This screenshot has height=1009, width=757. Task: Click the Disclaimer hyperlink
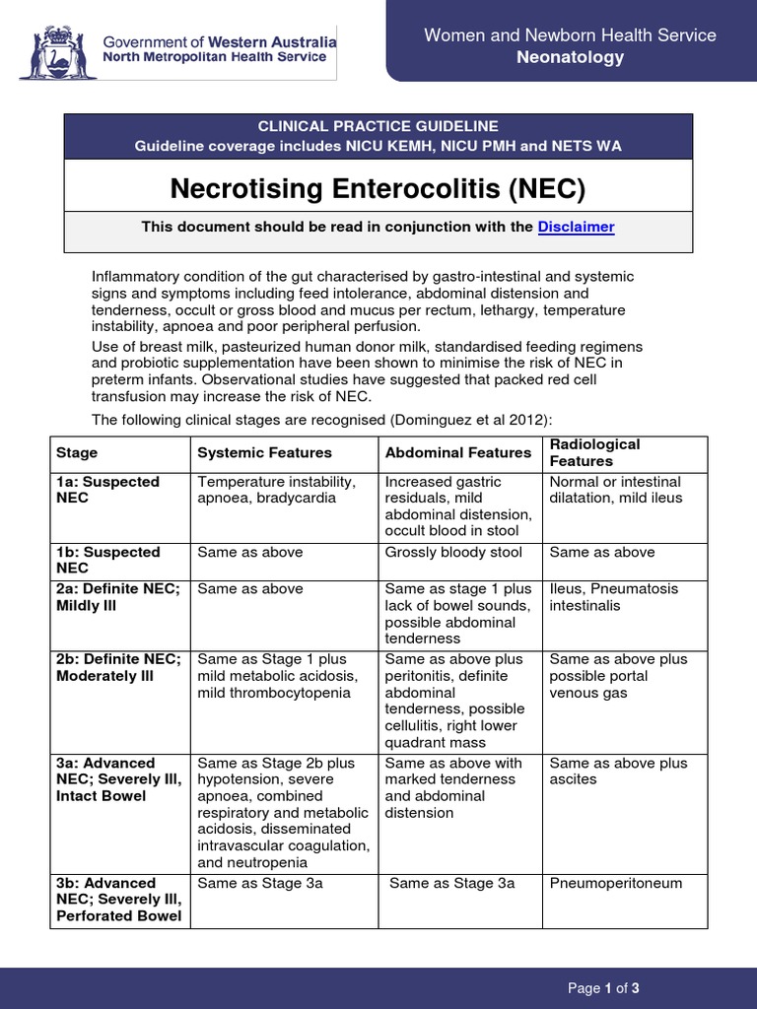576,227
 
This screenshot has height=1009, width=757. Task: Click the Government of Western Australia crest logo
55,49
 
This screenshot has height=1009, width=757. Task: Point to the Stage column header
77,453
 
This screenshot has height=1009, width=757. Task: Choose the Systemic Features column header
264,453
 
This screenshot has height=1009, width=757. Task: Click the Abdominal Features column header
458,453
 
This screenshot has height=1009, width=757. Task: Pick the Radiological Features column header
594,453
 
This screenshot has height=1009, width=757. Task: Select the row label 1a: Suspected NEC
94,490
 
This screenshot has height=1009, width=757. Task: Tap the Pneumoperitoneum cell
616,883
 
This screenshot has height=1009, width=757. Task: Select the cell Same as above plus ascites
618,771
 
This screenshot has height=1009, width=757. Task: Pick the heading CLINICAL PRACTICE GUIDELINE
378,126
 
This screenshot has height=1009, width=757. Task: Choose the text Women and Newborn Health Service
570,35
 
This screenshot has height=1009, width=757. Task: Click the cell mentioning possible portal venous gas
618,676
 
